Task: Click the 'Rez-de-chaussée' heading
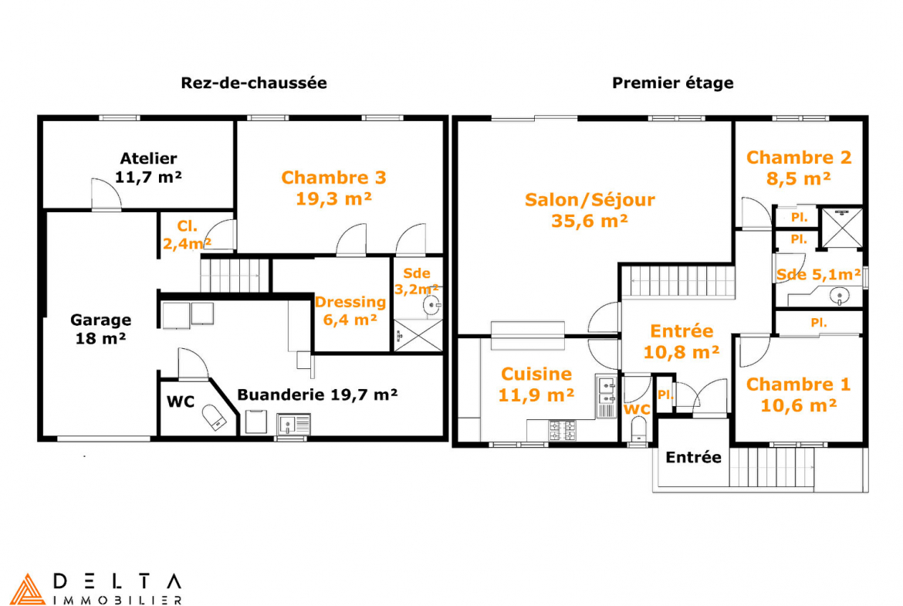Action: [x=254, y=83]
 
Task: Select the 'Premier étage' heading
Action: [x=673, y=83]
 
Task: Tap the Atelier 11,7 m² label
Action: [x=149, y=168]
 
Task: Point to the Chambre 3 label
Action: [x=333, y=188]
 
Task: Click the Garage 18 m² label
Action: [x=101, y=329]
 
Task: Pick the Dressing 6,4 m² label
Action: [x=350, y=310]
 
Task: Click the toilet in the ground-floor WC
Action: [x=212, y=417]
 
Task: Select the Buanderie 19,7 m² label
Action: [x=317, y=394]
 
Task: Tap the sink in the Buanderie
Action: [x=294, y=424]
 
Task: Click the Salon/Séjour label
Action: [x=590, y=210]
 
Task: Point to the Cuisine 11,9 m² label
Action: [x=536, y=384]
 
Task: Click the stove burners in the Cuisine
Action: [x=562, y=431]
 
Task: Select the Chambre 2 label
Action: [x=799, y=168]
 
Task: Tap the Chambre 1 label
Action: [x=798, y=394]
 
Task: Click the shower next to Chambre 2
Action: [x=841, y=228]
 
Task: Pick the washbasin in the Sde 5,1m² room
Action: [x=839, y=296]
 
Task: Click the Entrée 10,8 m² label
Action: [x=681, y=341]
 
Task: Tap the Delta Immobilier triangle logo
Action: [x=28, y=589]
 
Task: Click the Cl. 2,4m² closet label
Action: [x=187, y=235]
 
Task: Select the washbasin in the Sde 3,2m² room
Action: [x=432, y=305]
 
